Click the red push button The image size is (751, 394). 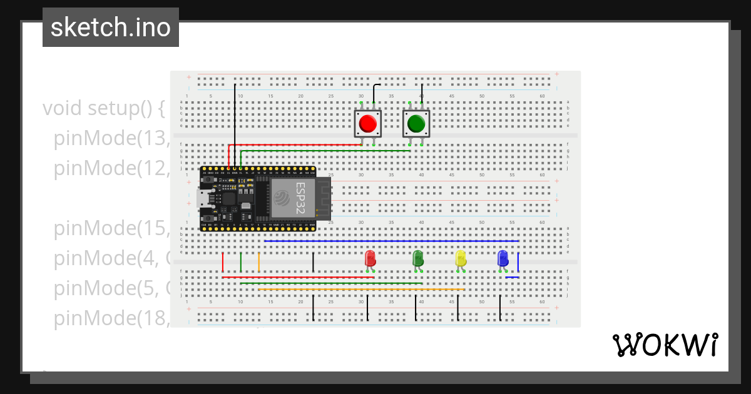pos(367,124)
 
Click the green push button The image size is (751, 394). pos(416,124)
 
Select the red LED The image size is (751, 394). pos(370,258)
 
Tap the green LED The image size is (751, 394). pos(418,258)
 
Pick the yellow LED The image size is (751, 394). pos(461,258)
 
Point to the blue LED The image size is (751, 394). pos(503,258)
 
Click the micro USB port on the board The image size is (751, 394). pos(204,199)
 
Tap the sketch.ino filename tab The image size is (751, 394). pos(111,28)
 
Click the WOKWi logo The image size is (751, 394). pos(665,345)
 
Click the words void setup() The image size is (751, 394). pos(103,108)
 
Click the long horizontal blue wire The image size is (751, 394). pos(391,241)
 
